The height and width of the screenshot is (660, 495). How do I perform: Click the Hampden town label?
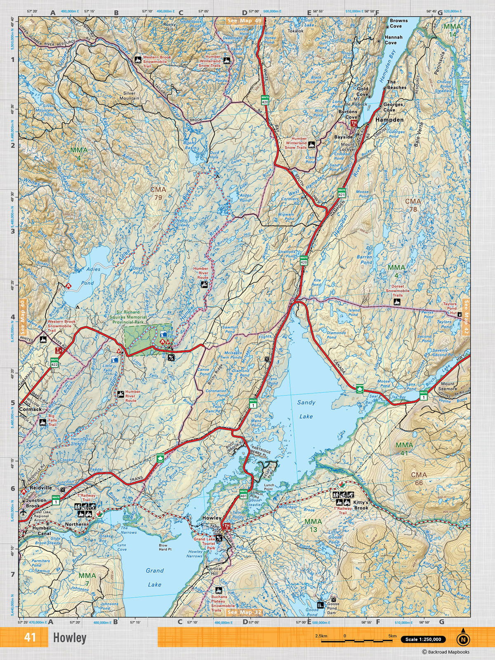(x=389, y=120)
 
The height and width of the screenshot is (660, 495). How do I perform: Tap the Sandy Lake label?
(x=306, y=409)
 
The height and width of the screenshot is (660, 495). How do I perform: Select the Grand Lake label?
(x=155, y=577)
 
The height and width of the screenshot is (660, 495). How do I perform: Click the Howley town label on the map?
(x=212, y=518)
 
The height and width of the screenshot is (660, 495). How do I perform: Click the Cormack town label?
(x=31, y=409)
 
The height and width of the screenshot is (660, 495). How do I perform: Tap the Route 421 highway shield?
(x=341, y=192)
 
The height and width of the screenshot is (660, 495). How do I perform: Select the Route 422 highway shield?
(x=54, y=362)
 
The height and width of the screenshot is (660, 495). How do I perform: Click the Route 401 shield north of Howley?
(x=243, y=494)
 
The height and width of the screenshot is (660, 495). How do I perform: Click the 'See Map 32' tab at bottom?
(x=245, y=612)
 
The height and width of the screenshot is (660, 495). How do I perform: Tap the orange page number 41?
(x=30, y=637)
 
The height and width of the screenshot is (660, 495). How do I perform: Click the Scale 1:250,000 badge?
(x=423, y=639)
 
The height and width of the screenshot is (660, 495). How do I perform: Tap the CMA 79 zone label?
(x=158, y=193)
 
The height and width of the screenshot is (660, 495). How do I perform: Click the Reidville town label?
(x=40, y=487)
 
